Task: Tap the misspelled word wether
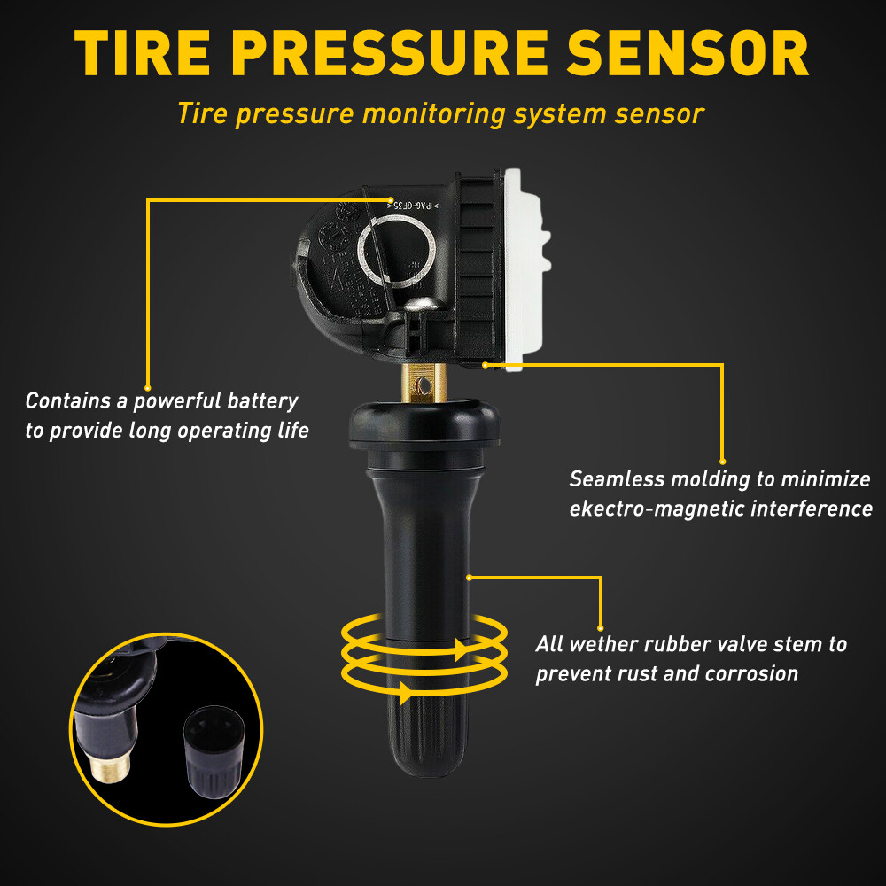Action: pyautogui.click(x=608, y=644)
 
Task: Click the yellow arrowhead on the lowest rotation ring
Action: pyautogui.click(x=405, y=692)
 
